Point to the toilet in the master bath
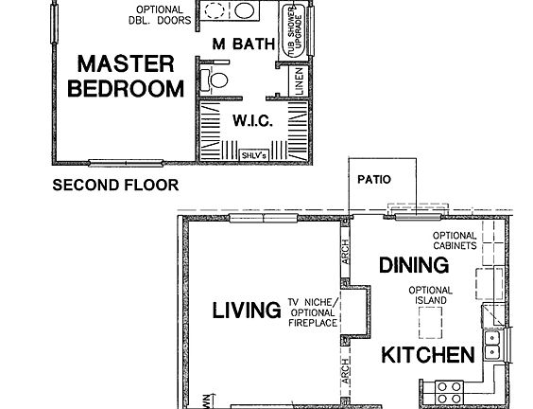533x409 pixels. click(216, 80)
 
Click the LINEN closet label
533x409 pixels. click(299, 80)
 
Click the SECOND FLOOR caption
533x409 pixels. click(114, 185)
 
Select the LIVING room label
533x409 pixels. click(247, 311)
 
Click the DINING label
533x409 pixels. click(407, 265)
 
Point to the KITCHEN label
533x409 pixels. click(427, 356)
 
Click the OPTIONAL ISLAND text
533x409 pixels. click(431, 295)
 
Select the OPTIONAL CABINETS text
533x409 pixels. click(454, 241)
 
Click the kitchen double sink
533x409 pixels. click(492, 346)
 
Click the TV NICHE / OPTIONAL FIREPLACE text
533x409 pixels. click(312, 312)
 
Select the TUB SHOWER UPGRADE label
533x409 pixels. click(293, 31)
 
